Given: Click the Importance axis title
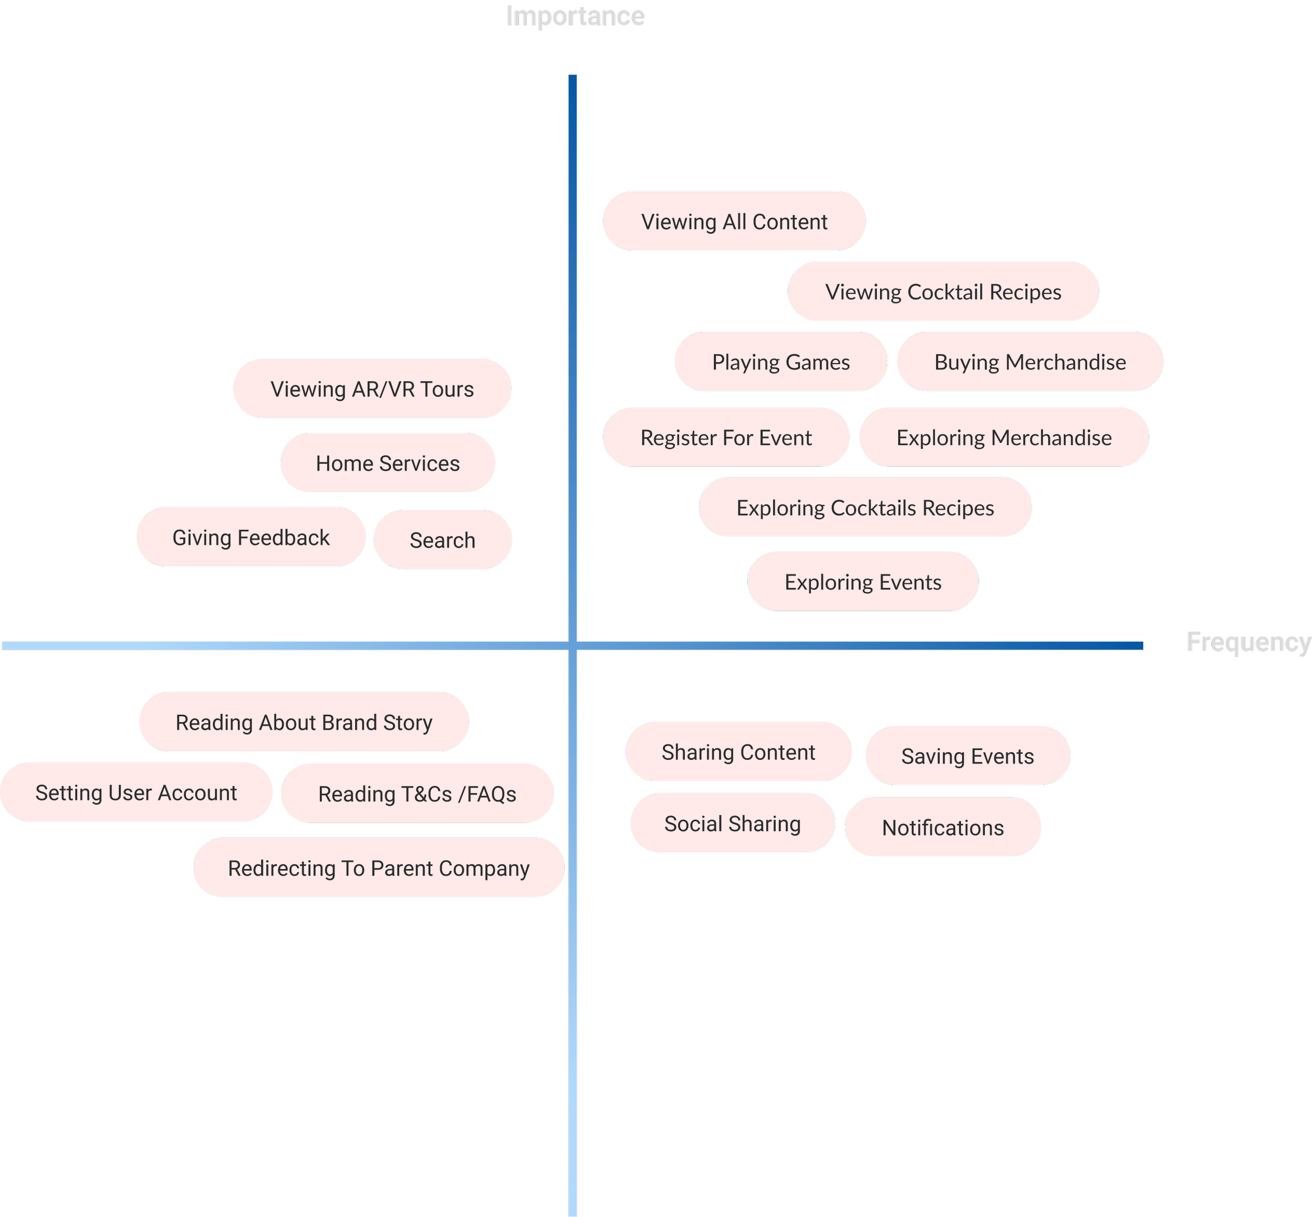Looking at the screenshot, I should click(x=575, y=16).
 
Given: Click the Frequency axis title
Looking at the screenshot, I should click(x=1248, y=642).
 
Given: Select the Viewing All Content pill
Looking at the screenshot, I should click(x=734, y=221).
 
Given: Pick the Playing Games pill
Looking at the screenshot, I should click(x=780, y=362).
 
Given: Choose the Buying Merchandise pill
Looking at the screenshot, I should click(x=1029, y=362).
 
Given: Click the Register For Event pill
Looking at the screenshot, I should click(x=725, y=437).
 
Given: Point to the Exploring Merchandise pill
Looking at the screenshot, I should click(x=1003, y=437).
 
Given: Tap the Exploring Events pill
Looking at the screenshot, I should click(x=862, y=582).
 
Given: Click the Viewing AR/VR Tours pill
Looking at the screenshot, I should click(x=372, y=388).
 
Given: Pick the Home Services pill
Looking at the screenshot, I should click(x=387, y=463).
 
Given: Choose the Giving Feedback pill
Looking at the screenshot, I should click(x=251, y=538).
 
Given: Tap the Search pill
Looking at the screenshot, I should click(x=442, y=540).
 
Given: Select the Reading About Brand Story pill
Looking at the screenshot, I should click(x=304, y=722).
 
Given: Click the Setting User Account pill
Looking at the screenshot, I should click(x=136, y=792).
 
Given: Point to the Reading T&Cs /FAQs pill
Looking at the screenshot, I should click(x=416, y=793).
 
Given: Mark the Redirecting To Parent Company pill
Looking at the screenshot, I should click(x=379, y=868).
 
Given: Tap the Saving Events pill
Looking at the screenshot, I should click(x=967, y=756).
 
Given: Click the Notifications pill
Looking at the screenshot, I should click(x=942, y=827).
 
